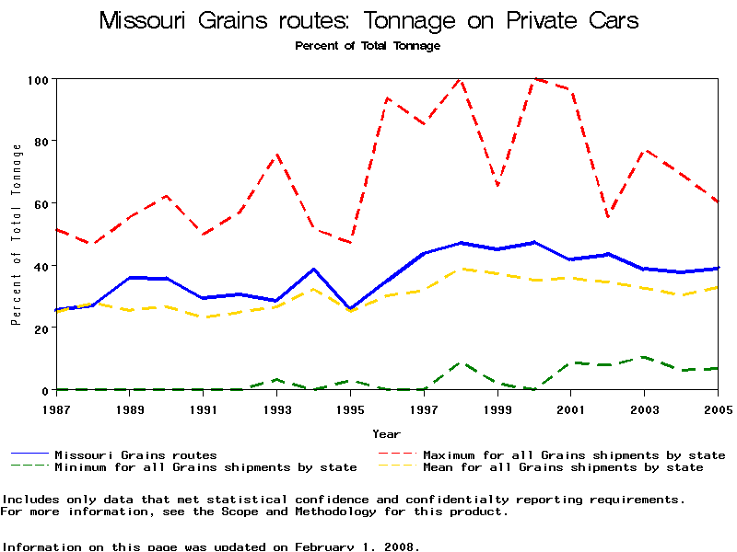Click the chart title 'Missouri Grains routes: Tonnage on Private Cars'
[368, 20]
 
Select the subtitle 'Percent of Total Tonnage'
[368, 45]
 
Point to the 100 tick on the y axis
[37, 79]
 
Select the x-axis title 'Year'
[386, 433]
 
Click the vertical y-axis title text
[16, 235]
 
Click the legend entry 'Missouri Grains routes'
[135, 454]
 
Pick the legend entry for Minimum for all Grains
[205, 467]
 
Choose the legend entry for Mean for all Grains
[563, 467]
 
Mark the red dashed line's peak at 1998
[460, 79]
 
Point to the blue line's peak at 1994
[313, 270]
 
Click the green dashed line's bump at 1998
[461, 362]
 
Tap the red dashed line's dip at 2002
[608, 217]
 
